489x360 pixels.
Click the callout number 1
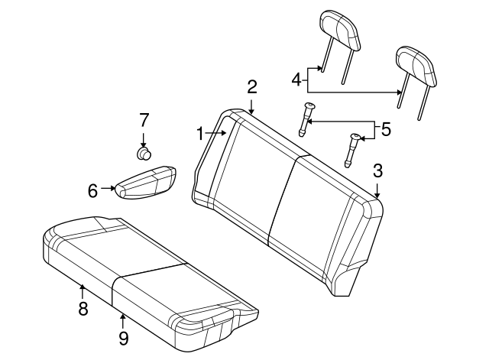(200, 134)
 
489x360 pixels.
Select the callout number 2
(251, 87)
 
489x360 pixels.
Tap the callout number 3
(377, 169)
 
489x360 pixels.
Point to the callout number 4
(296, 78)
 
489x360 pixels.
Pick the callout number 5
(386, 129)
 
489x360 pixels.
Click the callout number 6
(92, 190)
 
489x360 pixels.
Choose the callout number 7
(143, 120)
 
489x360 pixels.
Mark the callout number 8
(83, 309)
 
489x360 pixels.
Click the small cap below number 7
(143, 154)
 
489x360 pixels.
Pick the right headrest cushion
(416, 65)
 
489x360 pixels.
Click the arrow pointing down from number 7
(143, 138)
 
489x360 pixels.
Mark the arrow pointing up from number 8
(83, 290)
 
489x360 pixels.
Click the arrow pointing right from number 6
(108, 188)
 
